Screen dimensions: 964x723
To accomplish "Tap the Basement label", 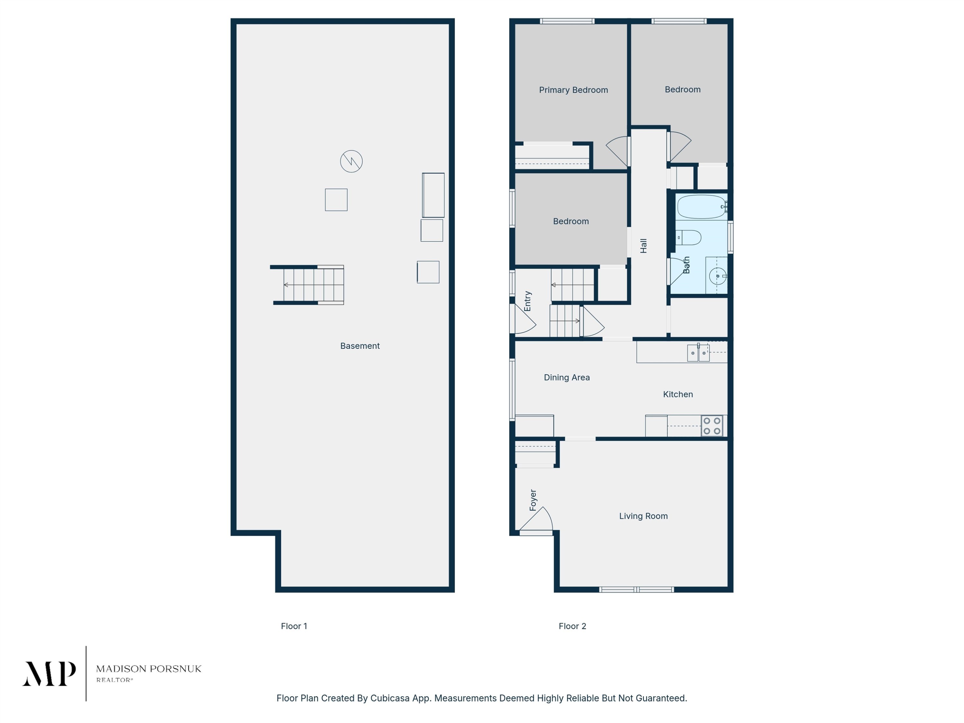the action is (x=360, y=345).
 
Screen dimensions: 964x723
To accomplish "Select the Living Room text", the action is (x=643, y=516).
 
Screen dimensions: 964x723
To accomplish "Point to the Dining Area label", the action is (x=567, y=378).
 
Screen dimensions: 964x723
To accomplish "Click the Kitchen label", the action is (x=678, y=394).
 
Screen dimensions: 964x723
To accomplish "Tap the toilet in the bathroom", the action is (x=688, y=237).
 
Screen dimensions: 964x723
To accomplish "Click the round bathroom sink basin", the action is (x=717, y=276).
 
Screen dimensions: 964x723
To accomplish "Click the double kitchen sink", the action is (x=698, y=353).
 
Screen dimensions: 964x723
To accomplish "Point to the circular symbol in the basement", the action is (x=351, y=161).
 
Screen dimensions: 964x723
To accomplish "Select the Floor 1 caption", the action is (x=294, y=626).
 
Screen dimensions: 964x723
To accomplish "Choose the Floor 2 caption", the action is (x=572, y=626).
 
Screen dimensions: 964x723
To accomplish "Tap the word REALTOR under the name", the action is (x=113, y=680).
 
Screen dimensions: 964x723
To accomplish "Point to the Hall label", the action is (x=644, y=246).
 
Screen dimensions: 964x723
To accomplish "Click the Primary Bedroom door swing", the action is (x=616, y=150).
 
